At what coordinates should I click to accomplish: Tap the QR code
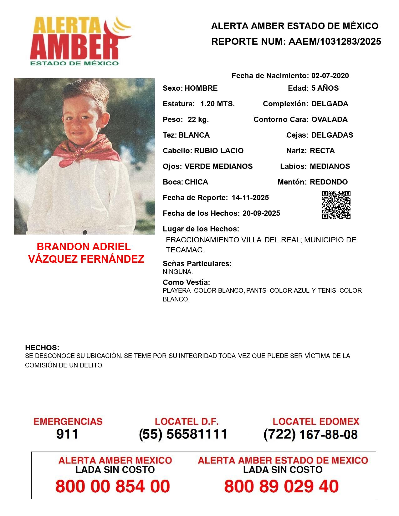[336, 205]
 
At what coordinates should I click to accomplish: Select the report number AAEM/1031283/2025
[335, 42]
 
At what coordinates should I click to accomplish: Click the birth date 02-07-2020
[330, 76]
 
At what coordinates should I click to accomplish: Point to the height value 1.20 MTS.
[217, 104]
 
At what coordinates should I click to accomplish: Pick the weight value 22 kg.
[198, 119]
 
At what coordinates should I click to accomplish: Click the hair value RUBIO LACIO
[219, 151]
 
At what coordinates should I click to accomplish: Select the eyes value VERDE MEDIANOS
[218, 166]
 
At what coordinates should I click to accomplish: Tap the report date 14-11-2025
[250, 198]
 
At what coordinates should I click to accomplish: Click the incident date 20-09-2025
[261, 213]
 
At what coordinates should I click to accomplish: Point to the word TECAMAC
[185, 250]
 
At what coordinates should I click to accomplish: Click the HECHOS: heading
[42, 348]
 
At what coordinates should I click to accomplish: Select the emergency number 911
[67, 434]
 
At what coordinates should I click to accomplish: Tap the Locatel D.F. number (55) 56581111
[183, 434]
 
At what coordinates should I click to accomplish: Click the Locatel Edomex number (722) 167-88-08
[310, 434]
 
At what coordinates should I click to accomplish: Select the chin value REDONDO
[329, 182]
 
